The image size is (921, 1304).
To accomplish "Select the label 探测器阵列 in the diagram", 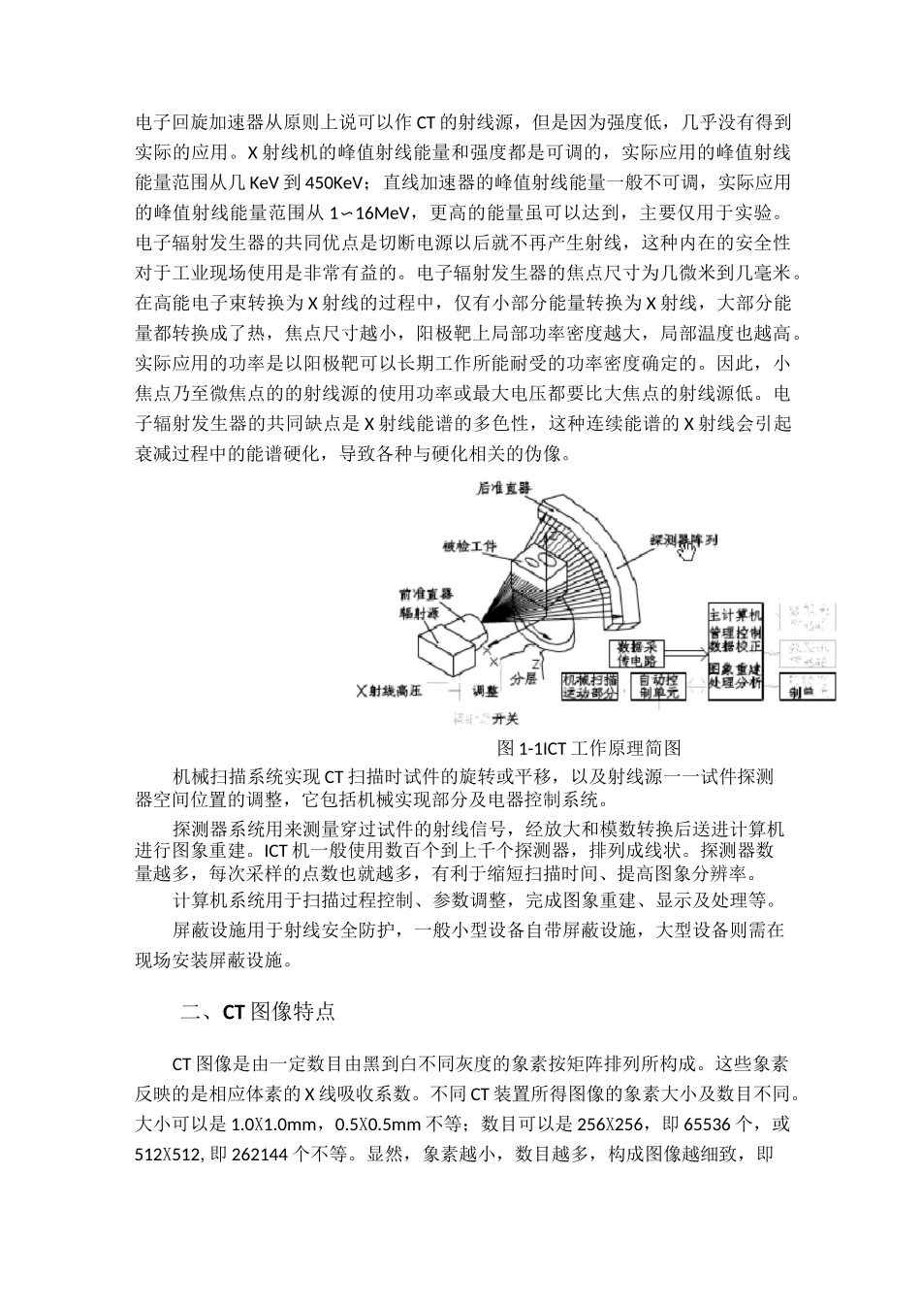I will (x=683, y=538).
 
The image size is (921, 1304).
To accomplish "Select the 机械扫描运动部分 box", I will (x=589, y=687).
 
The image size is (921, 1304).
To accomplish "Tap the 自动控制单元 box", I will (x=658, y=687).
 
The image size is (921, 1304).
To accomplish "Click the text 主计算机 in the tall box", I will (x=735, y=615).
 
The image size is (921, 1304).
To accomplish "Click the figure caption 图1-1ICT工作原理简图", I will (x=588, y=747).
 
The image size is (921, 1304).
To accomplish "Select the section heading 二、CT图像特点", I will (x=258, y=1011).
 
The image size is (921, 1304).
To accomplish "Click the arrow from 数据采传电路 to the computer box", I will (x=691, y=648).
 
